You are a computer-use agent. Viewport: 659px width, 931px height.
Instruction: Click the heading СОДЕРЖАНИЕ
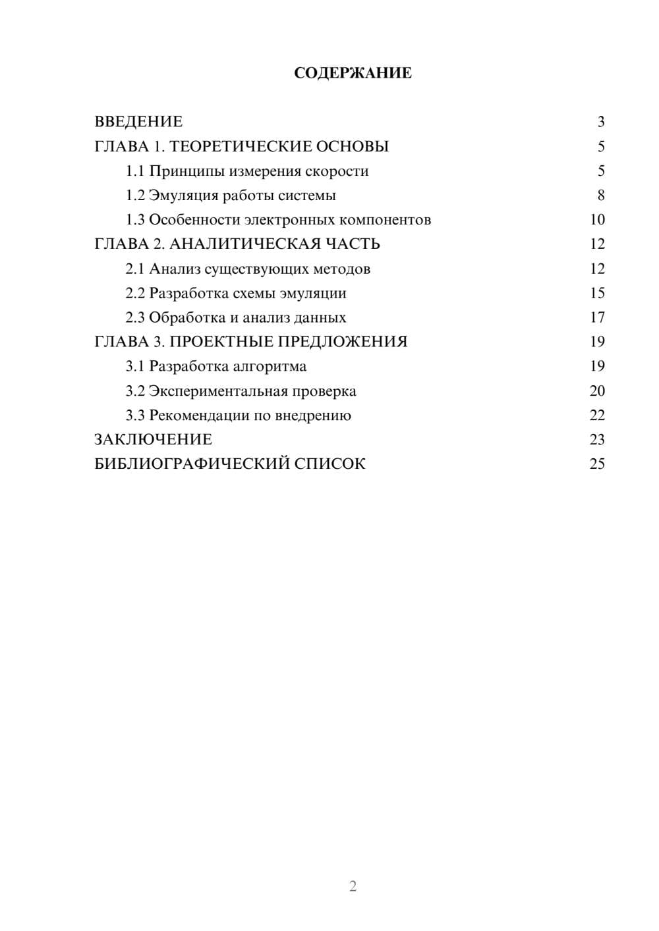pos(353,73)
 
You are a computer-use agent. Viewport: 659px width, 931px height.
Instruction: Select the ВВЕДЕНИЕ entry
pos(138,122)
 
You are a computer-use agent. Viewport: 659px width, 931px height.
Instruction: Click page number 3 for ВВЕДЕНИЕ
pos(600,122)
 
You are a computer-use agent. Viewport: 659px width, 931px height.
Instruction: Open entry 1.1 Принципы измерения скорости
pos(247,171)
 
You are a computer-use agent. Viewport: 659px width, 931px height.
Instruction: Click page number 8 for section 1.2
pos(600,196)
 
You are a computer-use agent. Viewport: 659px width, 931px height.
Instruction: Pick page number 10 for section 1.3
pos(597,220)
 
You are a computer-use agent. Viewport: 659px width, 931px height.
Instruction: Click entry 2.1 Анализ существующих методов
pos(248,269)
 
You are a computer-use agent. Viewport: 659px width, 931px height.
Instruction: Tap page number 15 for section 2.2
pos(597,293)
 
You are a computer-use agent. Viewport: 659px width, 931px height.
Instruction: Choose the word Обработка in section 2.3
pos(186,317)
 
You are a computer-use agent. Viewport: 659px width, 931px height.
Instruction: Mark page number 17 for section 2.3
pos(597,317)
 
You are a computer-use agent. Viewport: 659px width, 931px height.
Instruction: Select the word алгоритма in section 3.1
pos(273,366)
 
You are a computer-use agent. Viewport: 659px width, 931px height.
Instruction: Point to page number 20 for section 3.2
pos(597,391)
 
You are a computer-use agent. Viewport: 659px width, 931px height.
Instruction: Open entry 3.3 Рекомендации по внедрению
pos(238,415)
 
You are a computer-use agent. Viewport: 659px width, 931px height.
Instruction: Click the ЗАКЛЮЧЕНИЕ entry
pos(153,440)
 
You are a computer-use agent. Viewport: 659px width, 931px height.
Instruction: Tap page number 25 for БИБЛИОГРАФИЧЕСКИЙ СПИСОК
pos(597,464)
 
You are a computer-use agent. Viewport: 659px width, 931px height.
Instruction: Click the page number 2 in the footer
pos(353,886)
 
